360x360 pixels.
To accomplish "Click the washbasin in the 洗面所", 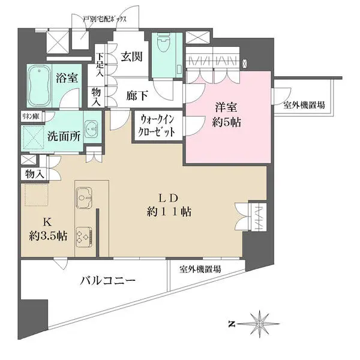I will [x=91, y=128].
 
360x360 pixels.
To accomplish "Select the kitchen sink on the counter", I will [x=83, y=195].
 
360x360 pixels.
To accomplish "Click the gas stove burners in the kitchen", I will [x=83, y=235].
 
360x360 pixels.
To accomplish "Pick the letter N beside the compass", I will [x=231, y=324].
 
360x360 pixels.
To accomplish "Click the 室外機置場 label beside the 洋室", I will [x=304, y=105].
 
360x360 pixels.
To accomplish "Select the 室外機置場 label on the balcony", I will [x=199, y=269].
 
